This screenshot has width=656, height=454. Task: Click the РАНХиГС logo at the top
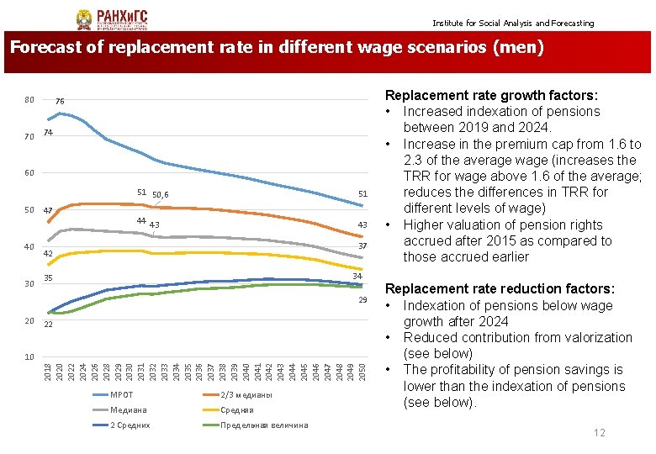(x=108, y=18)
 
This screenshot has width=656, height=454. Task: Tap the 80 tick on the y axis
(x=29, y=100)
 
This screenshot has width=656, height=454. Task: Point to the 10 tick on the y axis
(x=29, y=357)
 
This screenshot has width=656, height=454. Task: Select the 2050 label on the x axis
(x=361, y=370)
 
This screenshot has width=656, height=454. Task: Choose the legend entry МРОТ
(x=121, y=395)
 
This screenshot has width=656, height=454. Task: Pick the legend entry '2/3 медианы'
(x=246, y=395)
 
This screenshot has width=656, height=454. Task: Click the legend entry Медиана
(x=128, y=410)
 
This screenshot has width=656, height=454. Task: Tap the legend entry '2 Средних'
(x=130, y=425)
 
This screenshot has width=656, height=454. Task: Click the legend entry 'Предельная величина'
(x=263, y=425)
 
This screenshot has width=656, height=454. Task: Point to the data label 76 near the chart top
(x=60, y=102)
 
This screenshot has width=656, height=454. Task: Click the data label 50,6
(x=161, y=194)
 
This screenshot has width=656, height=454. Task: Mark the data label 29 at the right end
(x=362, y=300)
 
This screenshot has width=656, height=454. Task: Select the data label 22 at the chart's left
(x=48, y=325)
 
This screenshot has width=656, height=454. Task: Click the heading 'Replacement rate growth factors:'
(x=491, y=96)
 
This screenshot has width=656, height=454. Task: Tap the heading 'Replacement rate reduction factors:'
(x=500, y=288)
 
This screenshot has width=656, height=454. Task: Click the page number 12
(x=599, y=433)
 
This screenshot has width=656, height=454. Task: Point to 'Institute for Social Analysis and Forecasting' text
(x=513, y=24)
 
